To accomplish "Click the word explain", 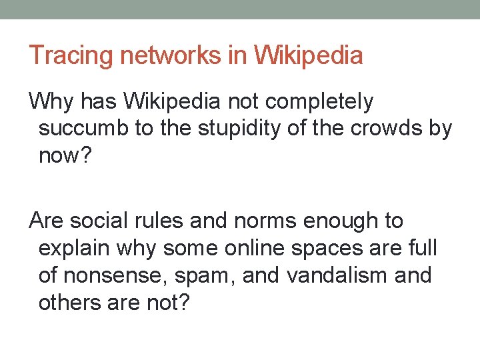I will (74, 249).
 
